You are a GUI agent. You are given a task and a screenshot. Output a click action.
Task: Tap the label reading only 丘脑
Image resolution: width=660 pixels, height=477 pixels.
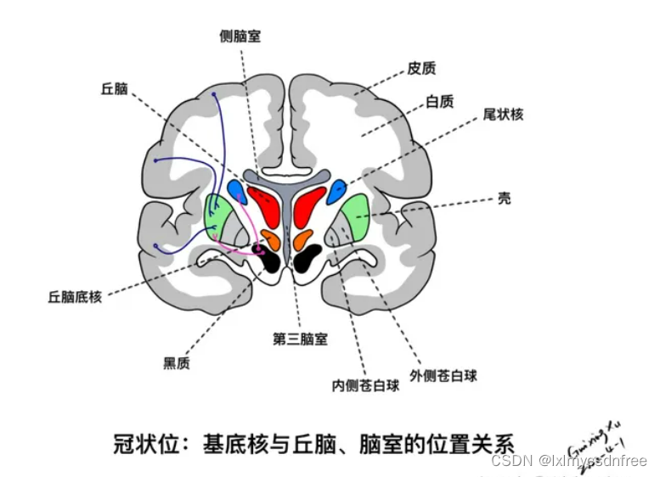(115, 87)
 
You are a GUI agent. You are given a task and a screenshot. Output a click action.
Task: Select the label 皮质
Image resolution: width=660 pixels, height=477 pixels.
(422, 68)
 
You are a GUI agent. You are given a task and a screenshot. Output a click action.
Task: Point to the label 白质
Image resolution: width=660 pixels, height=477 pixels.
(439, 102)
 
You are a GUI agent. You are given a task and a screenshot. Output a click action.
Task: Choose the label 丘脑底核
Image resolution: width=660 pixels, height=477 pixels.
(75, 297)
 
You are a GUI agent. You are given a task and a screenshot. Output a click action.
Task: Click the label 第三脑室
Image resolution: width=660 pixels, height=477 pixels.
(300, 339)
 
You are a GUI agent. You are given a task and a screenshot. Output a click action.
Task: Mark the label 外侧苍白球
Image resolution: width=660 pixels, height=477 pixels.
(443, 374)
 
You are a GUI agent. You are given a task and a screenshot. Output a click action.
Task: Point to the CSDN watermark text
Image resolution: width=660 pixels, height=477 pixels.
(568, 461)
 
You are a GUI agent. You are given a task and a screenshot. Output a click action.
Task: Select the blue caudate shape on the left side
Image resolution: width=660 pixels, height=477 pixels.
(238, 191)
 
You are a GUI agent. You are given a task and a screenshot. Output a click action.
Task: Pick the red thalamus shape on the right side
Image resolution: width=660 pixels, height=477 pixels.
(310, 205)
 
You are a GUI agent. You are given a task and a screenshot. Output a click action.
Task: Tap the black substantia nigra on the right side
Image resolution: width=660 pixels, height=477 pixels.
(307, 257)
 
